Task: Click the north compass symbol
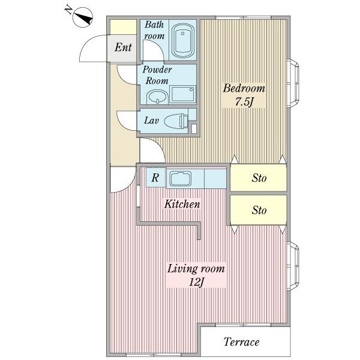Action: (83, 17)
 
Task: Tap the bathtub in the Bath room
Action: (183, 41)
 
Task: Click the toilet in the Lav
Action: (176, 121)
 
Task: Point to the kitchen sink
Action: (180, 179)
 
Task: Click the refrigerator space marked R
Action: (155, 178)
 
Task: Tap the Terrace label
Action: (242, 342)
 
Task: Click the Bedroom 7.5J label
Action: (244, 95)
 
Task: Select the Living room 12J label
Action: (196, 275)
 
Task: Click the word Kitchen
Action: (182, 204)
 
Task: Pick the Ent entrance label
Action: (123, 47)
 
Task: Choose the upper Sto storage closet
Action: (259, 178)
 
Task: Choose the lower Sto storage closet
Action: (259, 210)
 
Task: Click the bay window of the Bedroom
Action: (293, 83)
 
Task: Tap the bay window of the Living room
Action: (293, 266)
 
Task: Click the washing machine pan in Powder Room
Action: (183, 94)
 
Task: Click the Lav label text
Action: (151, 120)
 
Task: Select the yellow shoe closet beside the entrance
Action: (123, 27)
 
